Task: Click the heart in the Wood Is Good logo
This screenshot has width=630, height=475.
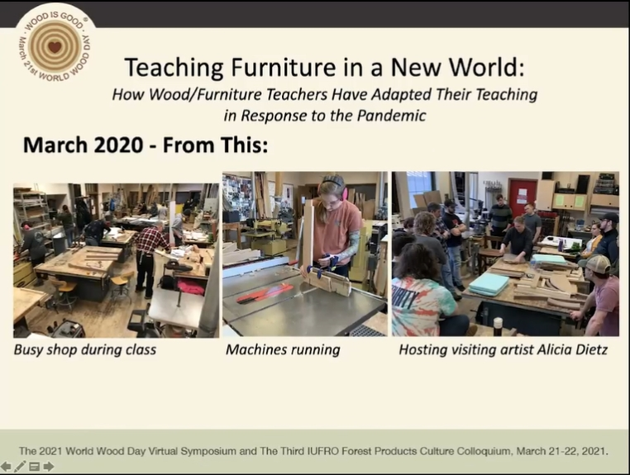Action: [55, 46]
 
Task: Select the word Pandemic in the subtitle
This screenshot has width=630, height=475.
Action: [391, 116]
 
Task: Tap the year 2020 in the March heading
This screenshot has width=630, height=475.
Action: [118, 145]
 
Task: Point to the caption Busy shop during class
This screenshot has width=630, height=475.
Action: [85, 349]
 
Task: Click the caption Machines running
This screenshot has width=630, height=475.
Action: [283, 349]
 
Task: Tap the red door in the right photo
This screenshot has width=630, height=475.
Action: [523, 197]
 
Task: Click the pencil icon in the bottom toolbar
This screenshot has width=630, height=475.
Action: [19, 466]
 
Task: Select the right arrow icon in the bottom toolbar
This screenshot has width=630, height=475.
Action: [49, 466]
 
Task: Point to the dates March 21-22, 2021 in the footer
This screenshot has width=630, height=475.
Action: [561, 451]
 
